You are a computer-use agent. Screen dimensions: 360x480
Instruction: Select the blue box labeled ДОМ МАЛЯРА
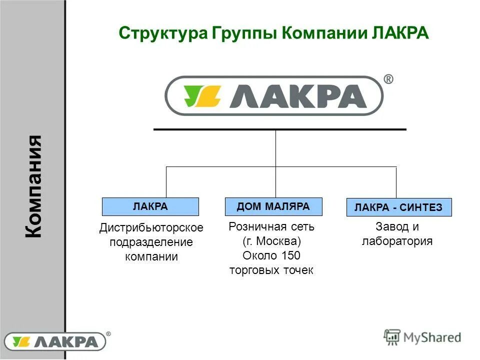click(273, 206)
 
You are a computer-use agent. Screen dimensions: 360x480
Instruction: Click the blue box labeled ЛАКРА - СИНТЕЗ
click(398, 207)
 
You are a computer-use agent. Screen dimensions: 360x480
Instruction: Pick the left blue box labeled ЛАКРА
click(150, 206)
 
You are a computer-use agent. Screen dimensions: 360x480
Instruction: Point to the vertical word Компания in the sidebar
click(33, 186)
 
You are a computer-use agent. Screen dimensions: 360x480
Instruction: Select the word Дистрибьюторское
click(151, 228)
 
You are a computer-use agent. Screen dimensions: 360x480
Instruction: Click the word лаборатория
click(397, 241)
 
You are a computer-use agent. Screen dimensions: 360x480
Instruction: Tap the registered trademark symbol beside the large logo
click(387, 79)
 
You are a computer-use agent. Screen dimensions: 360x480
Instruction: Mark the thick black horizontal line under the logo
click(279, 129)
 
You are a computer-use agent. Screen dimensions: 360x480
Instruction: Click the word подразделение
click(151, 242)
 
